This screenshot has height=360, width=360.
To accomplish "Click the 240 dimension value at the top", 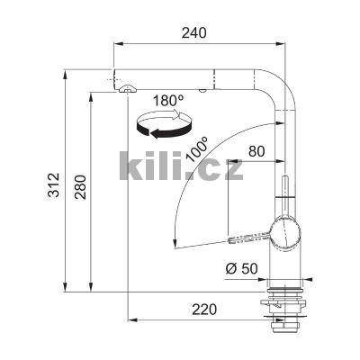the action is click(194, 32).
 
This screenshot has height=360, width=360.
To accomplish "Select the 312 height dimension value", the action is click(54, 184).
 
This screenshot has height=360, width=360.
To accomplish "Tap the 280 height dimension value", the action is click(80, 187).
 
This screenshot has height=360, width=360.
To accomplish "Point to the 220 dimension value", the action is click(204, 310).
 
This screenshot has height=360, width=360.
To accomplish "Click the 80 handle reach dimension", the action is click(256, 151).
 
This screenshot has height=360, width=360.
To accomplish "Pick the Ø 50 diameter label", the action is click(241, 268).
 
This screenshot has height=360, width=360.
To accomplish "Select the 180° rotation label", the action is click(168, 101).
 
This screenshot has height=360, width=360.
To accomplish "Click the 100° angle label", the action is click(197, 149).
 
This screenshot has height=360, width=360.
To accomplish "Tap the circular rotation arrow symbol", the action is click(164, 125).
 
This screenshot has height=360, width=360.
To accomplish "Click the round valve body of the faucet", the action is click(285, 232).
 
